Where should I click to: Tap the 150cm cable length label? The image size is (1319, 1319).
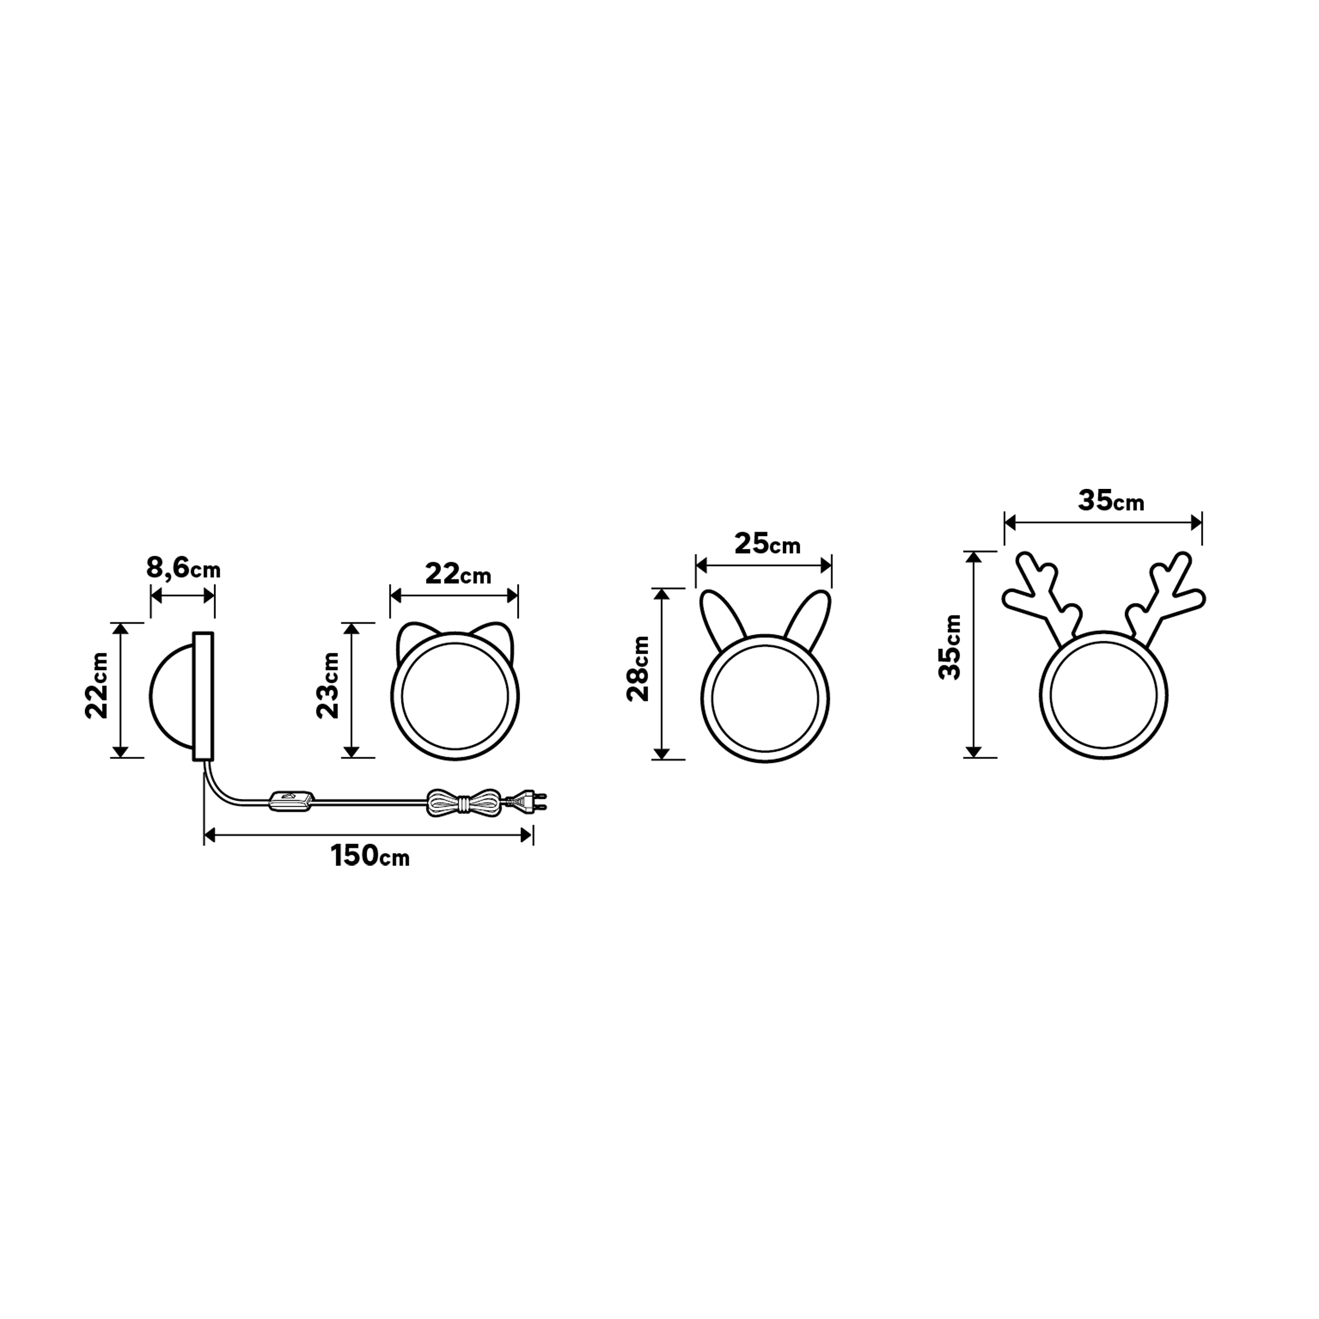369,856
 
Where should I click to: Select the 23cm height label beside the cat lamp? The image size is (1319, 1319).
328,685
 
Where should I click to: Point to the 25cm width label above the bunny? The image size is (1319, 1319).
767,544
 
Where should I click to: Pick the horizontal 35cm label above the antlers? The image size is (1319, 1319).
1110,501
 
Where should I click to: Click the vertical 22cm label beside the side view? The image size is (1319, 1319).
97,685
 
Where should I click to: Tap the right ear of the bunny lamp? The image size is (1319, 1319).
811,612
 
